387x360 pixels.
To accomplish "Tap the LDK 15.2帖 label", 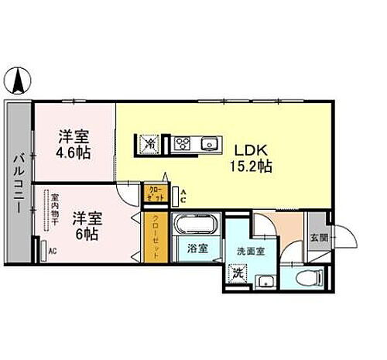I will coord(248,156).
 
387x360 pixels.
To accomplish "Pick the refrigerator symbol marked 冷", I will coord(149,143).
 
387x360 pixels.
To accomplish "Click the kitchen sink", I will coord(207,143).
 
